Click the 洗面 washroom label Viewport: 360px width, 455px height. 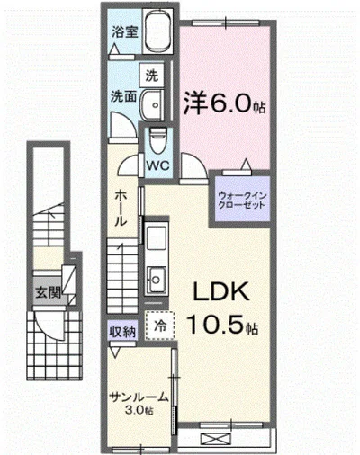pyautogui.click(x=122, y=94)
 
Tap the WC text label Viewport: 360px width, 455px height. pyautogui.click(x=158, y=165)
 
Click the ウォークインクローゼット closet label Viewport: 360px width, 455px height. pyautogui.click(x=242, y=197)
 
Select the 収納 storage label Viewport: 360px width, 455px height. pyautogui.click(x=122, y=332)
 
